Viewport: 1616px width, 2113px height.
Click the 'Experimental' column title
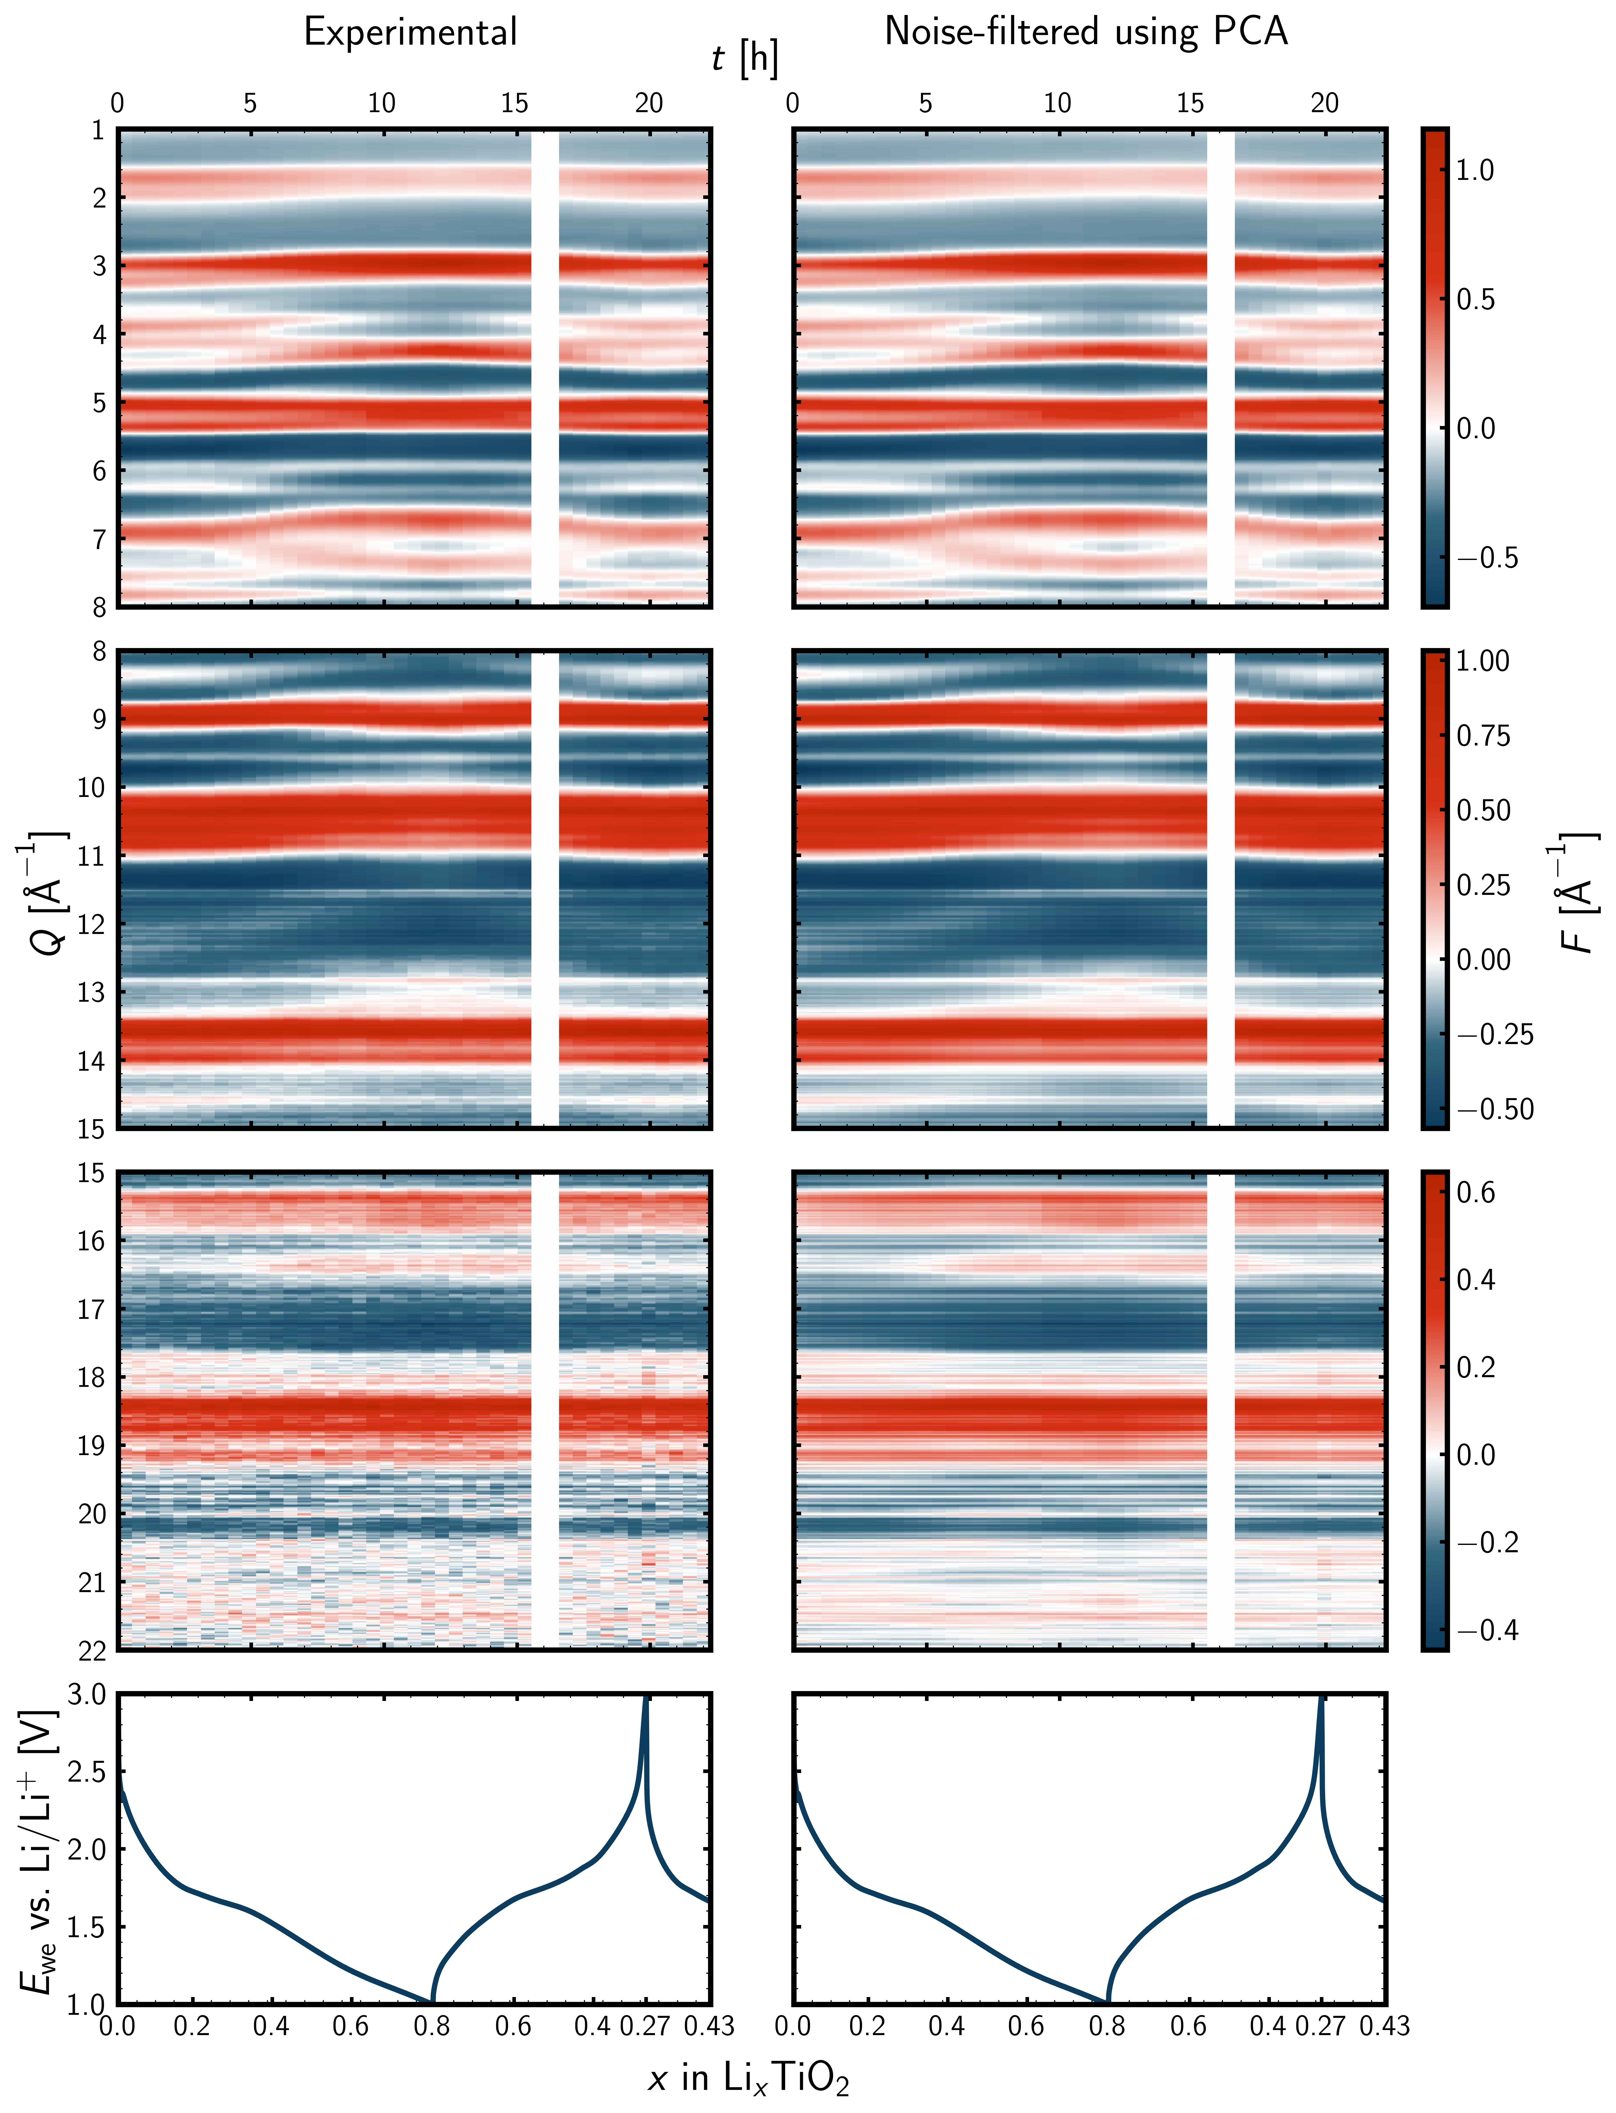tap(411, 33)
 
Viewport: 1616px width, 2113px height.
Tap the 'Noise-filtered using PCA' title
tap(1086, 33)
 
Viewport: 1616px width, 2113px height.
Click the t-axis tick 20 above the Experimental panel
tap(649, 104)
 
